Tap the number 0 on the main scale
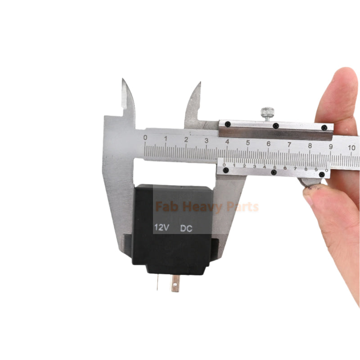pyautogui.click(x=145, y=138)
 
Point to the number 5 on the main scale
pyautogui.click(x=248, y=143)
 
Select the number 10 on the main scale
pyautogui.click(x=351, y=148)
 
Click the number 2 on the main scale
pyautogui.click(x=186, y=139)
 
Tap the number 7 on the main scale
pyautogui.click(x=289, y=144)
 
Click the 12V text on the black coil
pyautogui.click(x=162, y=227)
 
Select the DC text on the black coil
pyautogui.click(x=186, y=229)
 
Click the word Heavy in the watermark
pyautogui.click(x=202, y=207)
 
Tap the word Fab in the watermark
pyautogui.click(x=167, y=206)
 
